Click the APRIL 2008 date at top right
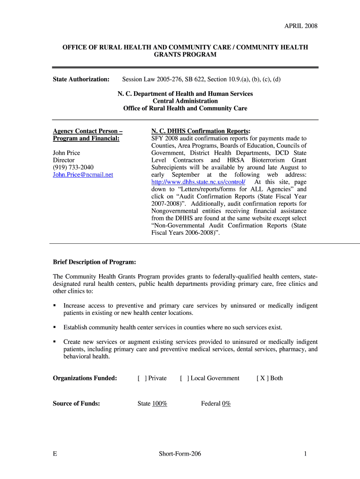coord(301,26)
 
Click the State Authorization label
coord(81,79)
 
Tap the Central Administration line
coord(185,101)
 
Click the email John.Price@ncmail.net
coord(83,174)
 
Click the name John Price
coord(66,152)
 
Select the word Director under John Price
coord(64,160)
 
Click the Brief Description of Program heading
coord(94,262)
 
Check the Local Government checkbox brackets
coord(184,378)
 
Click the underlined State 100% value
coord(159,404)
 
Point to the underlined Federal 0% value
coord(226,404)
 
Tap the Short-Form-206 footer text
coord(180,454)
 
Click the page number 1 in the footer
coord(305,454)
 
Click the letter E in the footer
coord(55,454)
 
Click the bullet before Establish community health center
coord(55,327)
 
